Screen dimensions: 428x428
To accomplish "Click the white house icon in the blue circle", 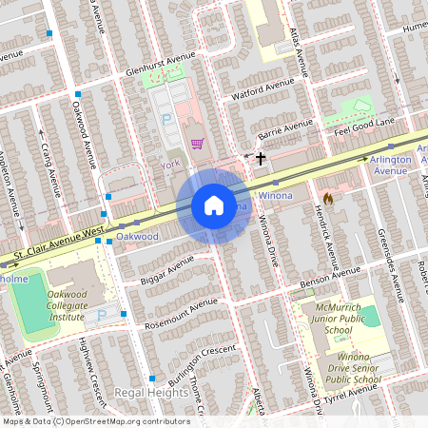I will [x=213, y=205].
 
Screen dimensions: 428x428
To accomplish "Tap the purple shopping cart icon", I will [x=197, y=144].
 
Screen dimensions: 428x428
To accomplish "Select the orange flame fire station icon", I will [x=328, y=200].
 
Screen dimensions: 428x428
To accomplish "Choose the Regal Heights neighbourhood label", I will [x=151, y=392].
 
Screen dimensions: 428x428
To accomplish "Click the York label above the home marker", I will [x=171, y=165].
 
